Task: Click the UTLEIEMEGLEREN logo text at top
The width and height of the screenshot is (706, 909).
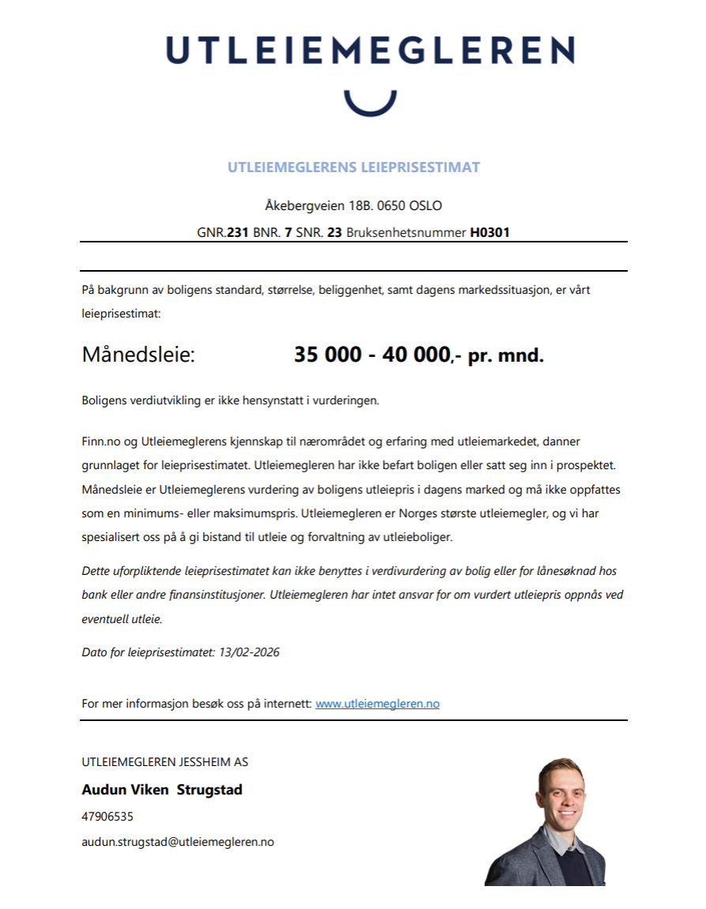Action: click(370, 51)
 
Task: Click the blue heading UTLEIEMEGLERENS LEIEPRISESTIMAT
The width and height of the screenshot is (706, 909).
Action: click(354, 167)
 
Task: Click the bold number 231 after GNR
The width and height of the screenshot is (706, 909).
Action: click(238, 233)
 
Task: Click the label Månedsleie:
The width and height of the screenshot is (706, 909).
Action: click(138, 355)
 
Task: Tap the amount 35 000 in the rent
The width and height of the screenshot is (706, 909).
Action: click(328, 355)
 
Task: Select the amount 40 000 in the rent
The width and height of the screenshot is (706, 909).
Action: click(415, 355)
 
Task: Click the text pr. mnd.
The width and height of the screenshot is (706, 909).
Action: click(505, 355)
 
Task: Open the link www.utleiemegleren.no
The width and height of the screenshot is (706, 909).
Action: click(377, 703)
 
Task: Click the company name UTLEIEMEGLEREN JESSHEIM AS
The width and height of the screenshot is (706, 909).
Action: click(164, 762)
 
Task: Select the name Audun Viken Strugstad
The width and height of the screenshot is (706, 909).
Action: click(162, 789)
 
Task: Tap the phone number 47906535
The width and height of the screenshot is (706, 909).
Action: click(107, 817)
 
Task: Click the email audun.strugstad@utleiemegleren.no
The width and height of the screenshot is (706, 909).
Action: click(178, 842)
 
